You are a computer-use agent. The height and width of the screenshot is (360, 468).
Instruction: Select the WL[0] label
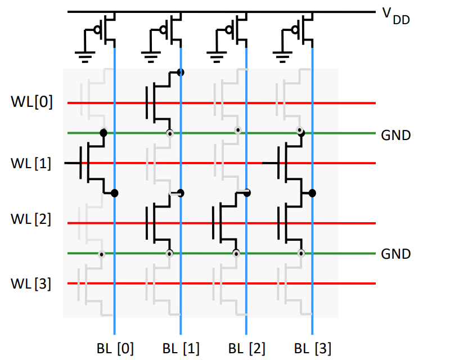[31, 103]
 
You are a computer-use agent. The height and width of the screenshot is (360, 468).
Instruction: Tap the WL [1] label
[31, 164]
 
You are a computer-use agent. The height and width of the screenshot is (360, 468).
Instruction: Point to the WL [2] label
[31, 219]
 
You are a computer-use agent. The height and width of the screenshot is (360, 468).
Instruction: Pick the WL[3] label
[31, 283]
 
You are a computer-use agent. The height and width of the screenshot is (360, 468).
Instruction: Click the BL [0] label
[115, 348]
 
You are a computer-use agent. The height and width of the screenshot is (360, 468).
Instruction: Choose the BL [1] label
[181, 348]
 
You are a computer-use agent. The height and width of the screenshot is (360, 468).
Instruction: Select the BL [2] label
[246, 348]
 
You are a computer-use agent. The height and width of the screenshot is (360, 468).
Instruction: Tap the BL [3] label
[312, 348]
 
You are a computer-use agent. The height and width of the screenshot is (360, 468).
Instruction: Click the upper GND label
[396, 136]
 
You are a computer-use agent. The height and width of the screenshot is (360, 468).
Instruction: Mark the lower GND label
[396, 254]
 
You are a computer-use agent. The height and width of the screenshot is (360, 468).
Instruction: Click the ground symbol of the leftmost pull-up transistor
[84, 55]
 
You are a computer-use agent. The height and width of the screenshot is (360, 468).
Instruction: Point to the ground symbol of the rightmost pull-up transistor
[281, 55]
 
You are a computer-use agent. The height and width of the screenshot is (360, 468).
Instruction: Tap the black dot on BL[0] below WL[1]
[115, 193]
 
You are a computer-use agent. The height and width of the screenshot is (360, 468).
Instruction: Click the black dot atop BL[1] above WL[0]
[181, 72]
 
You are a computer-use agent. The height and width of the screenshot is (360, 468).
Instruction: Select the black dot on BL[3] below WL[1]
[312, 193]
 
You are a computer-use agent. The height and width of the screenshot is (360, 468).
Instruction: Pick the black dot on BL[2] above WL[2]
[246, 193]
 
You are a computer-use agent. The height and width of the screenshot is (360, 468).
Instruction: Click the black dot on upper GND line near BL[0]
[103, 133]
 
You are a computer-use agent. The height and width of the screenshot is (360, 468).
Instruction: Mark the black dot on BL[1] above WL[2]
[181, 193]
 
